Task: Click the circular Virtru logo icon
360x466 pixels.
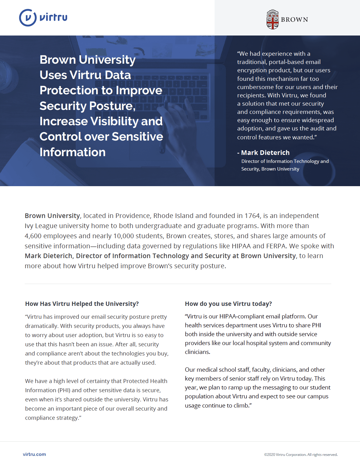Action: tap(28, 18)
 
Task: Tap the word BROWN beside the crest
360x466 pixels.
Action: tap(294, 20)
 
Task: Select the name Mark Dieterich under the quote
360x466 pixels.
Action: tap(265, 152)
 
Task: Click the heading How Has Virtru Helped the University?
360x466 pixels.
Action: tap(82, 304)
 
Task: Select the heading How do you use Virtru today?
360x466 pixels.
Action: tap(228, 304)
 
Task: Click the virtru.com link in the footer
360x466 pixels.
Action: tap(34, 454)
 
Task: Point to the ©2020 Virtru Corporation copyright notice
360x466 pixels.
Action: tap(301, 455)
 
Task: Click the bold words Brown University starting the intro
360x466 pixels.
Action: tap(52, 216)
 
